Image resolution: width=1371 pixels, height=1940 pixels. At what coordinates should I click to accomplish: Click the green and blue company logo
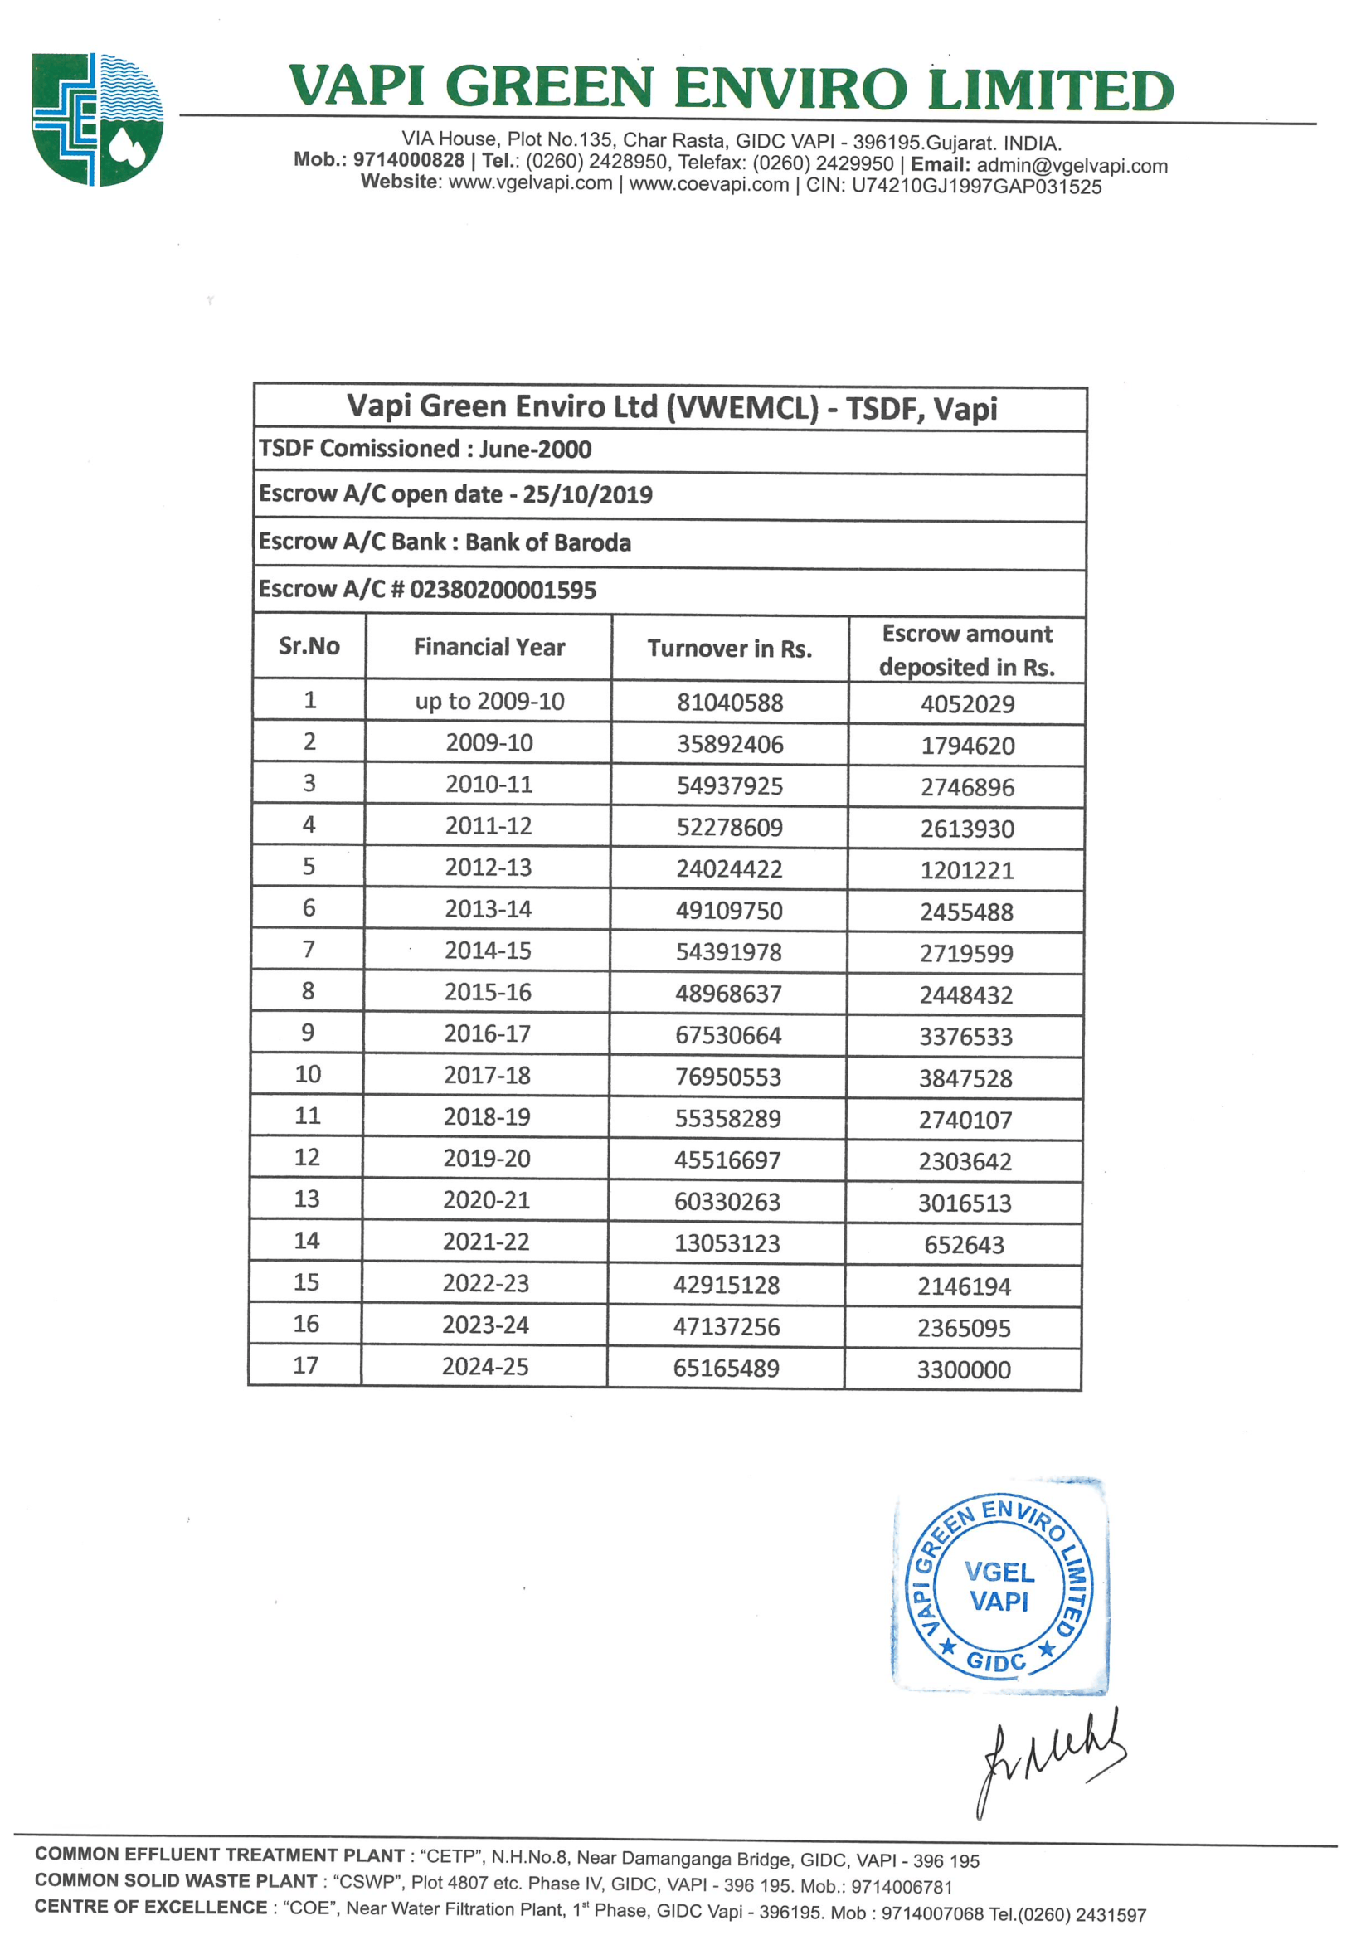pos(98,119)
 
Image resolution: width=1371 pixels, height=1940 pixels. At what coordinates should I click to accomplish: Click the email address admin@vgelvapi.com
pos(1072,166)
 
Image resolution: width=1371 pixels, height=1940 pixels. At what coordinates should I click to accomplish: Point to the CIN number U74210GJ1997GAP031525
pos(975,187)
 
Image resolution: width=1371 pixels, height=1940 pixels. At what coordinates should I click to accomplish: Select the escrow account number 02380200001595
pos(503,590)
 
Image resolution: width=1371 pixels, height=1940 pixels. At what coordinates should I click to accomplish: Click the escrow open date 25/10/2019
pos(587,494)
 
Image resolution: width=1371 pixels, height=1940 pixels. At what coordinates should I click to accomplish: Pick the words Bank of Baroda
pos(547,542)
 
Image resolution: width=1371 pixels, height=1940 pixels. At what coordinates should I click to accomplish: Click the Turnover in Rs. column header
pos(729,648)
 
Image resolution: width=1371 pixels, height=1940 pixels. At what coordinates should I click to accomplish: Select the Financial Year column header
pos(489,647)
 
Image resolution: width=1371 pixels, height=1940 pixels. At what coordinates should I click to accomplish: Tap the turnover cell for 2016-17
pos(728,1035)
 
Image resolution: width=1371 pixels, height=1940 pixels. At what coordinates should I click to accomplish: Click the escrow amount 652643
pos(964,1245)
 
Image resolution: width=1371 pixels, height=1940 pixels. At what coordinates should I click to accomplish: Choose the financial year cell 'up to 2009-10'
pos(489,702)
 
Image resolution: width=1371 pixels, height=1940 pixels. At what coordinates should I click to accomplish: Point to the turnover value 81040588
pos(730,703)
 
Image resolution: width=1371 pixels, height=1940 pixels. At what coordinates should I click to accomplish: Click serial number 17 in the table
pos(306,1365)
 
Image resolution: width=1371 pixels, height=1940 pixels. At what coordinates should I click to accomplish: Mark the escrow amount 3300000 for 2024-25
pos(964,1369)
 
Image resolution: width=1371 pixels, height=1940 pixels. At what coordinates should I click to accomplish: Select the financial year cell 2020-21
pos(487,1200)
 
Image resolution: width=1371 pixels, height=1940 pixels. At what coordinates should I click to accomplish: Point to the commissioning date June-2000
pos(536,449)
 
